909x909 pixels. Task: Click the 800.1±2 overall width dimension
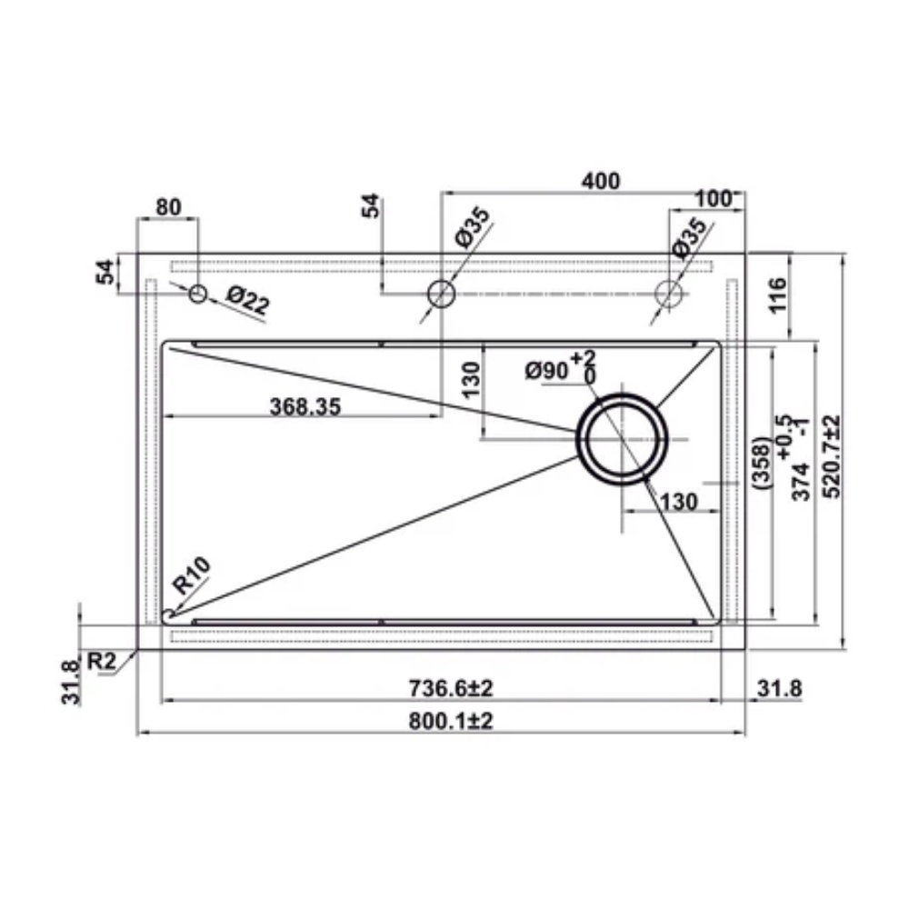451,721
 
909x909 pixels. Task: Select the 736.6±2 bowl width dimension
451,688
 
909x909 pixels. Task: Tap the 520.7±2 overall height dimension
832,456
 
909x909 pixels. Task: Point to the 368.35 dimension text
305,406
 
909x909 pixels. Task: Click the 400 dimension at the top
601,182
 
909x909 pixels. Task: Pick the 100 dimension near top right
714,199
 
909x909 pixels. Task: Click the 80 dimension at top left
169,207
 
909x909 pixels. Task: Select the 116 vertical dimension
778,295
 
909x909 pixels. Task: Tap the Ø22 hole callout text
247,301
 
